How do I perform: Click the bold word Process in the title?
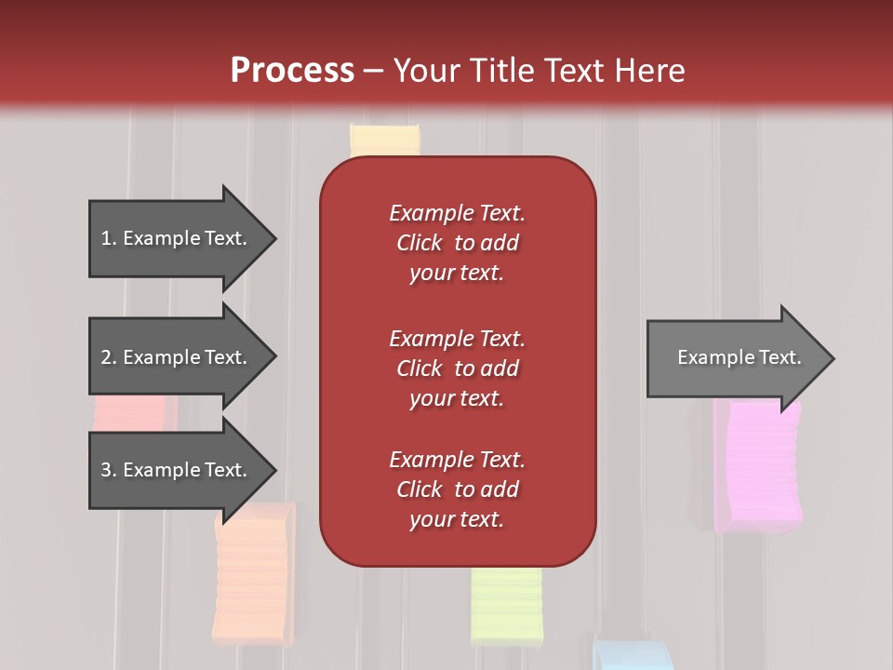[292, 71]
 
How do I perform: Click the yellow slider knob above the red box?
[385, 140]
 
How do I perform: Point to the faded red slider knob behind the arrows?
[135, 412]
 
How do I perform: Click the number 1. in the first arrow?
[109, 238]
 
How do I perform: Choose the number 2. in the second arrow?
[109, 357]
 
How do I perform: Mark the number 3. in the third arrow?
[109, 470]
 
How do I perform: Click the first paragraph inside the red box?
[458, 243]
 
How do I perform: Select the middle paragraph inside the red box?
[458, 368]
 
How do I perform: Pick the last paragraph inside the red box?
[458, 489]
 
